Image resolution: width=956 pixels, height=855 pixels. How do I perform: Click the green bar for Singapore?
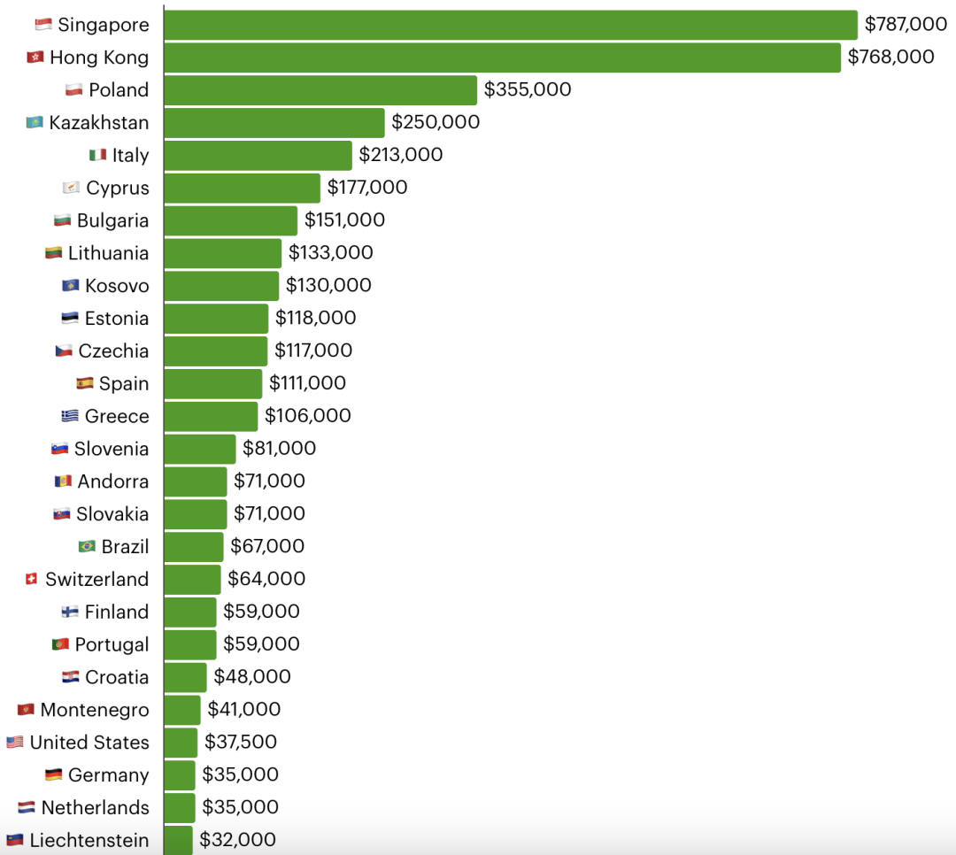[x=511, y=25]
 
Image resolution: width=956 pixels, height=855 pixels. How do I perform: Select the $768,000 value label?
[x=890, y=58]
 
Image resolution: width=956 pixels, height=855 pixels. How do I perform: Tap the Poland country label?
[x=119, y=90]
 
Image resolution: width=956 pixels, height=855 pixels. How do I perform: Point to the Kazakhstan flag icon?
[x=35, y=123]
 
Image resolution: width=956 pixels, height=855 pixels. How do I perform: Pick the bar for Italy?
[x=258, y=156]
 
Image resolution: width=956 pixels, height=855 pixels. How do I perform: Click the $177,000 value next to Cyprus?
[x=367, y=188]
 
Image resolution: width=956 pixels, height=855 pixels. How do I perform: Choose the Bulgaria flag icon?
[x=62, y=220]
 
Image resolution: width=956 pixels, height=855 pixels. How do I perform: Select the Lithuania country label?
[x=108, y=253]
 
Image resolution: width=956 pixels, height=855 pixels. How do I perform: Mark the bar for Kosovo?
[x=221, y=286]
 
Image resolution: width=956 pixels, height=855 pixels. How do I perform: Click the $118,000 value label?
[x=316, y=319]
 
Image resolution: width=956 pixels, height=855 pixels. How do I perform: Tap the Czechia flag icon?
[x=64, y=351]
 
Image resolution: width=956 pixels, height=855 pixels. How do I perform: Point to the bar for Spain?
[x=213, y=384]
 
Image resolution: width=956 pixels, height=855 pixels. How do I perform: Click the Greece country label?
[x=117, y=417]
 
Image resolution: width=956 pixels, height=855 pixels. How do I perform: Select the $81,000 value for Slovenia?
[x=280, y=449]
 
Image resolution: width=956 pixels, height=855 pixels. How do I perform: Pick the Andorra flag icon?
[x=63, y=481]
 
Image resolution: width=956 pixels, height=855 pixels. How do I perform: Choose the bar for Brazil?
[x=194, y=547]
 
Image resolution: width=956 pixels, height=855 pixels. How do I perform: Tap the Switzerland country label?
[x=96, y=580]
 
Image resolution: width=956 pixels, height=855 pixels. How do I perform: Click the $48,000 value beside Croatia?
[x=252, y=677]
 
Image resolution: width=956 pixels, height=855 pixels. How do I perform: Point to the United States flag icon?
[x=15, y=743]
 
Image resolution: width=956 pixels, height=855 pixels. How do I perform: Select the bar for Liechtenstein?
[x=178, y=840]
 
